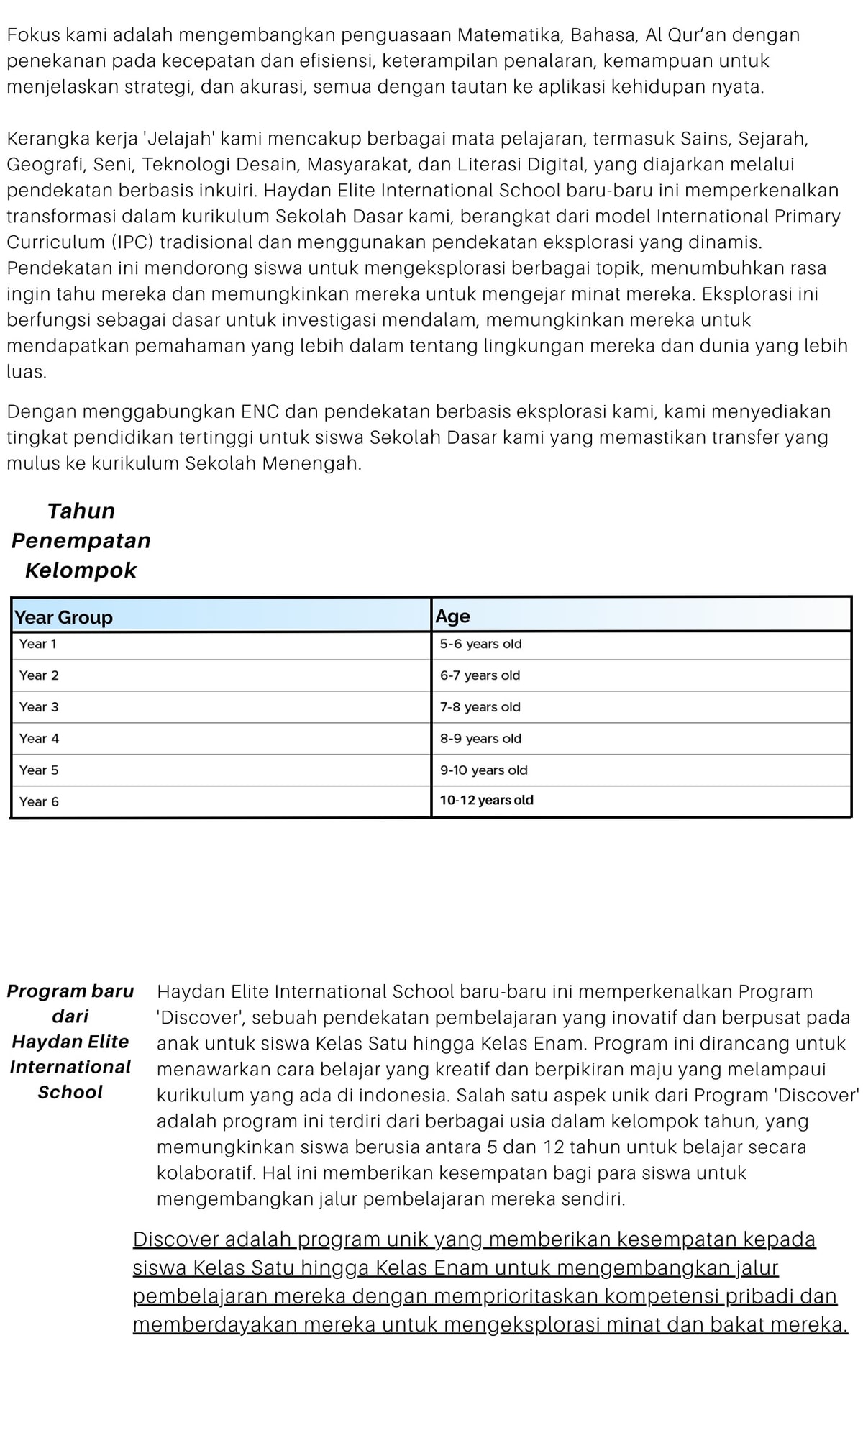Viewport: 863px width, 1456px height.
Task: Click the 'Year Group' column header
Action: pyautogui.click(x=63, y=617)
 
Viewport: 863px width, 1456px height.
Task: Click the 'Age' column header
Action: pyautogui.click(x=452, y=616)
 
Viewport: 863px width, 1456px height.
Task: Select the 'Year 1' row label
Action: pyautogui.click(x=37, y=644)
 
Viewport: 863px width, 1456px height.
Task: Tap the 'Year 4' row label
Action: pyautogui.click(x=39, y=739)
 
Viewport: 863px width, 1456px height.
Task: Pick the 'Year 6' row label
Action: pyautogui.click(x=39, y=801)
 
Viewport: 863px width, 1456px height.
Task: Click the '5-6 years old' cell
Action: pyautogui.click(x=480, y=644)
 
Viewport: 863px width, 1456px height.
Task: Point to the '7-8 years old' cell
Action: pyautogui.click(x=480, y=707)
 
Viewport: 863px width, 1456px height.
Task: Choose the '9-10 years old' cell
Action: pyautogui.click(x=483, y=770)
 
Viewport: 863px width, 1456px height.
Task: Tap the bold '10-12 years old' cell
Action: pyautogui.click(x=486, y=801)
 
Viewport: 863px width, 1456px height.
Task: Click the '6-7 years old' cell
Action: pyautogui.click(x=480, y=675)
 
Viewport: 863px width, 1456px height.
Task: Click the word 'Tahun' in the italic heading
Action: pyautogui.click(x=81, y=511)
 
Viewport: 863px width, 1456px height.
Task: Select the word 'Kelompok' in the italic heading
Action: pyautogui.click(x=81, y=570)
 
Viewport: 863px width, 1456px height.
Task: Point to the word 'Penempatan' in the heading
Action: pyautogui.click(x=81, y=540)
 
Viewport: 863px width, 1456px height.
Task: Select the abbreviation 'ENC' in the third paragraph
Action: pyautogui.click(x=260, y=411)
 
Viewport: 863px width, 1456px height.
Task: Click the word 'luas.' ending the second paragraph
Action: pyautogui.click(x=27, y=372)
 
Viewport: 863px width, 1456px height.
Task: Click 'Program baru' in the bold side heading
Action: pyautogui.click(x=70, y=991)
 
